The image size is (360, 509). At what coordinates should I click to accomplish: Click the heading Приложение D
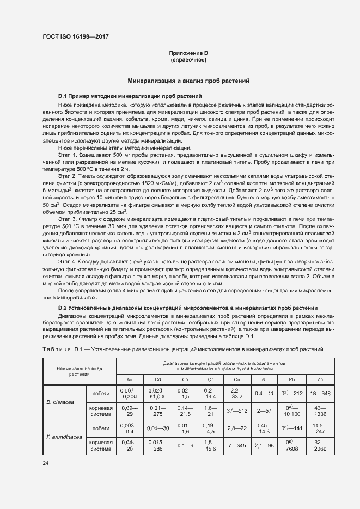click(188, 53)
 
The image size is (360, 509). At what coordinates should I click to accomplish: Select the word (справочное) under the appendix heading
click(188, 60)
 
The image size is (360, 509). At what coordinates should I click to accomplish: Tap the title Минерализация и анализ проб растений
click(188, 81)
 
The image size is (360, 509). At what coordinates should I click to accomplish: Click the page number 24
click(45, 463)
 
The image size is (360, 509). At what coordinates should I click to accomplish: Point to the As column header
click(130, 379)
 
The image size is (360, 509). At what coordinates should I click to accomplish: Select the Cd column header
click(157, 379)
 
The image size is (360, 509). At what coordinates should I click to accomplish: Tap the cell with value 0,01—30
click(157, 428)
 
